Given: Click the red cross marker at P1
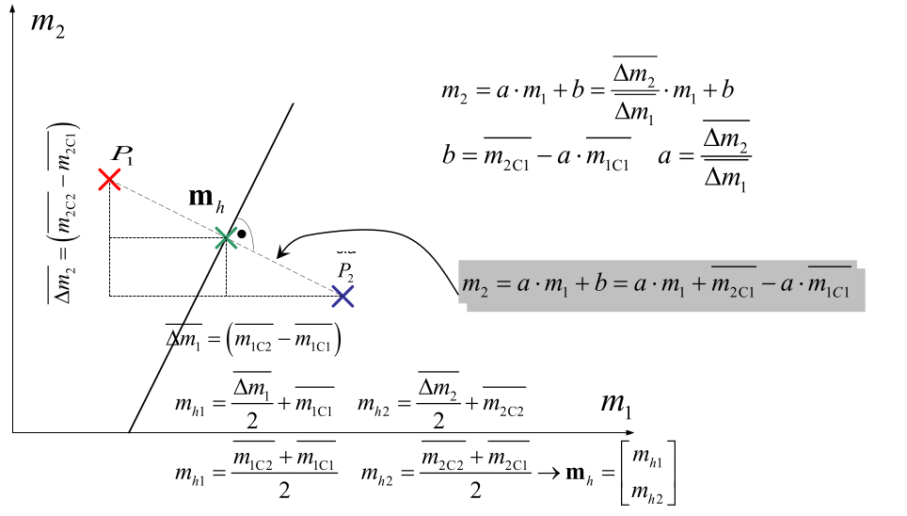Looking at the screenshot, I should (x=109, y=179).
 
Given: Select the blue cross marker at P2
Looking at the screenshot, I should (x=343, y=297).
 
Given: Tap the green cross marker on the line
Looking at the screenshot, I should (x=226, y=238).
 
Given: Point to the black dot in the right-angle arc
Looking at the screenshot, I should (x=242, y=232).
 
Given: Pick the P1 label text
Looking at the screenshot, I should (x=121, y=153).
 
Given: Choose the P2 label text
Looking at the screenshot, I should (x=346, y=271).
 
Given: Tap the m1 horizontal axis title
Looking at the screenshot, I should (x=616, y=404).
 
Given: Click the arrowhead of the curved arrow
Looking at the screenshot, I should (x=282, y=251).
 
